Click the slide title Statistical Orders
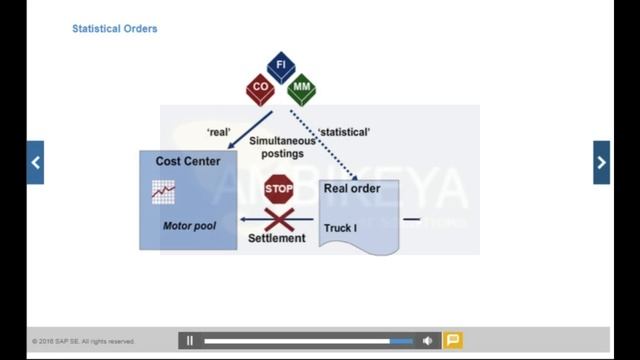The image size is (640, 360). coord(114,29)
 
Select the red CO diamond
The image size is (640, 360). coord(260,89)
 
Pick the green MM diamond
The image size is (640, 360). coord(302,89)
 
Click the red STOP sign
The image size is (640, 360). coord(278,188)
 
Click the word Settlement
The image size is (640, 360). coord(276,239)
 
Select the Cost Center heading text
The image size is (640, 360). coord(188,161)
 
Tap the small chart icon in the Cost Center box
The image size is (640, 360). coord(163,191)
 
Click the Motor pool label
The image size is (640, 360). coord(189,226)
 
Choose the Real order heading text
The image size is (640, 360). coord(352,188)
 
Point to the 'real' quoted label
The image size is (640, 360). coord(220,131)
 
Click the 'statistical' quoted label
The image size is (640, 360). coord(344,131)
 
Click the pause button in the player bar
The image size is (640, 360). coord(190,341)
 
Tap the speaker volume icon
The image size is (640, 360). coord(427,341)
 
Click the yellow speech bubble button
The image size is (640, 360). coord(452,341)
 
